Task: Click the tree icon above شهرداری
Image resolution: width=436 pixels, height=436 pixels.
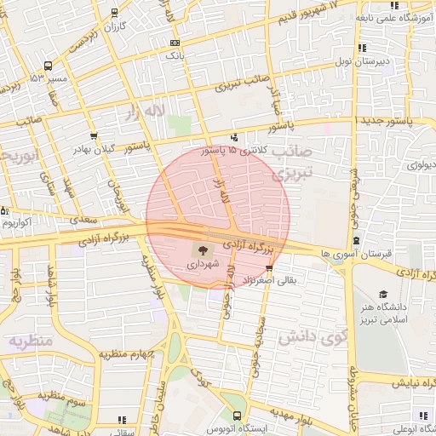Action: [x=203, y=250]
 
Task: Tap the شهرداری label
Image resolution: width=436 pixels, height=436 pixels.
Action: [x=203, y=265]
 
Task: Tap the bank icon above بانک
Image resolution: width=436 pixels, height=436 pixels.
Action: [x=175, y=43]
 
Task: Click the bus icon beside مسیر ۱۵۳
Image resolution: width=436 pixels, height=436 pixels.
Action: [x=48, y=65]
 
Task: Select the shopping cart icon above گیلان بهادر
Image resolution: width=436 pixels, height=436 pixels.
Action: [x=93, y=136]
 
